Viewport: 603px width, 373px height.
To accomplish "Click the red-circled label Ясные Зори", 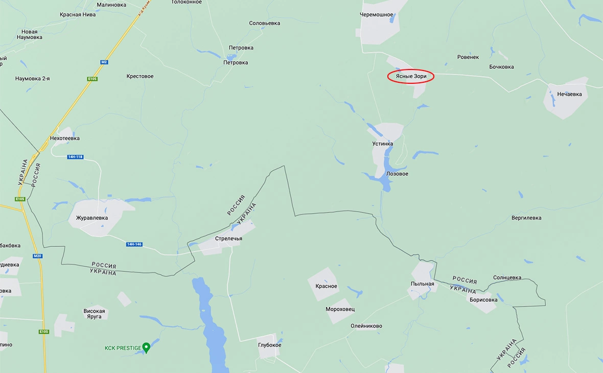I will click(411, 77).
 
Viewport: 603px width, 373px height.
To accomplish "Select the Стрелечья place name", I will click(228, 239).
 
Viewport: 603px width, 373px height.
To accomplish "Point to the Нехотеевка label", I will click(65, 138).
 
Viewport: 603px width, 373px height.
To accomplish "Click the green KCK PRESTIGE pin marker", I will click(146, 347).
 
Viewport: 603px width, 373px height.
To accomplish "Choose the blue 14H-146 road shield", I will click(134, 244).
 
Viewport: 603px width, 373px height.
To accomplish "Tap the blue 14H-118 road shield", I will click(75, 156).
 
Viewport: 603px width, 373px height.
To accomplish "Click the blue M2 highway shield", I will click(104, 62).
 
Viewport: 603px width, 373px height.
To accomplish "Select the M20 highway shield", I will click(37, 256).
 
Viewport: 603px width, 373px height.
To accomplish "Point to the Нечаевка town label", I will click(570, 94).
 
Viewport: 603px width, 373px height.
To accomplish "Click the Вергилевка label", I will click(526, 218).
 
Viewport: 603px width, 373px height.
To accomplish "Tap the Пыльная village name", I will click(422, 284).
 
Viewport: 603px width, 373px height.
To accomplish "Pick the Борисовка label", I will click(483, 300).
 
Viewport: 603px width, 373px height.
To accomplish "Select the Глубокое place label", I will click(269, 345).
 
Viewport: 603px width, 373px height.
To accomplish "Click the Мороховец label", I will click(340, 309).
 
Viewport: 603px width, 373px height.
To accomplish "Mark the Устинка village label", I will click(383, 144).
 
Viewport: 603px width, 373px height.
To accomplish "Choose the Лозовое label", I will click(397, 174).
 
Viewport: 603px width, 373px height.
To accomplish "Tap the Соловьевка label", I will click(265, 24).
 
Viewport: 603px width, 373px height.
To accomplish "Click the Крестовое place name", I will click(140, 77).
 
